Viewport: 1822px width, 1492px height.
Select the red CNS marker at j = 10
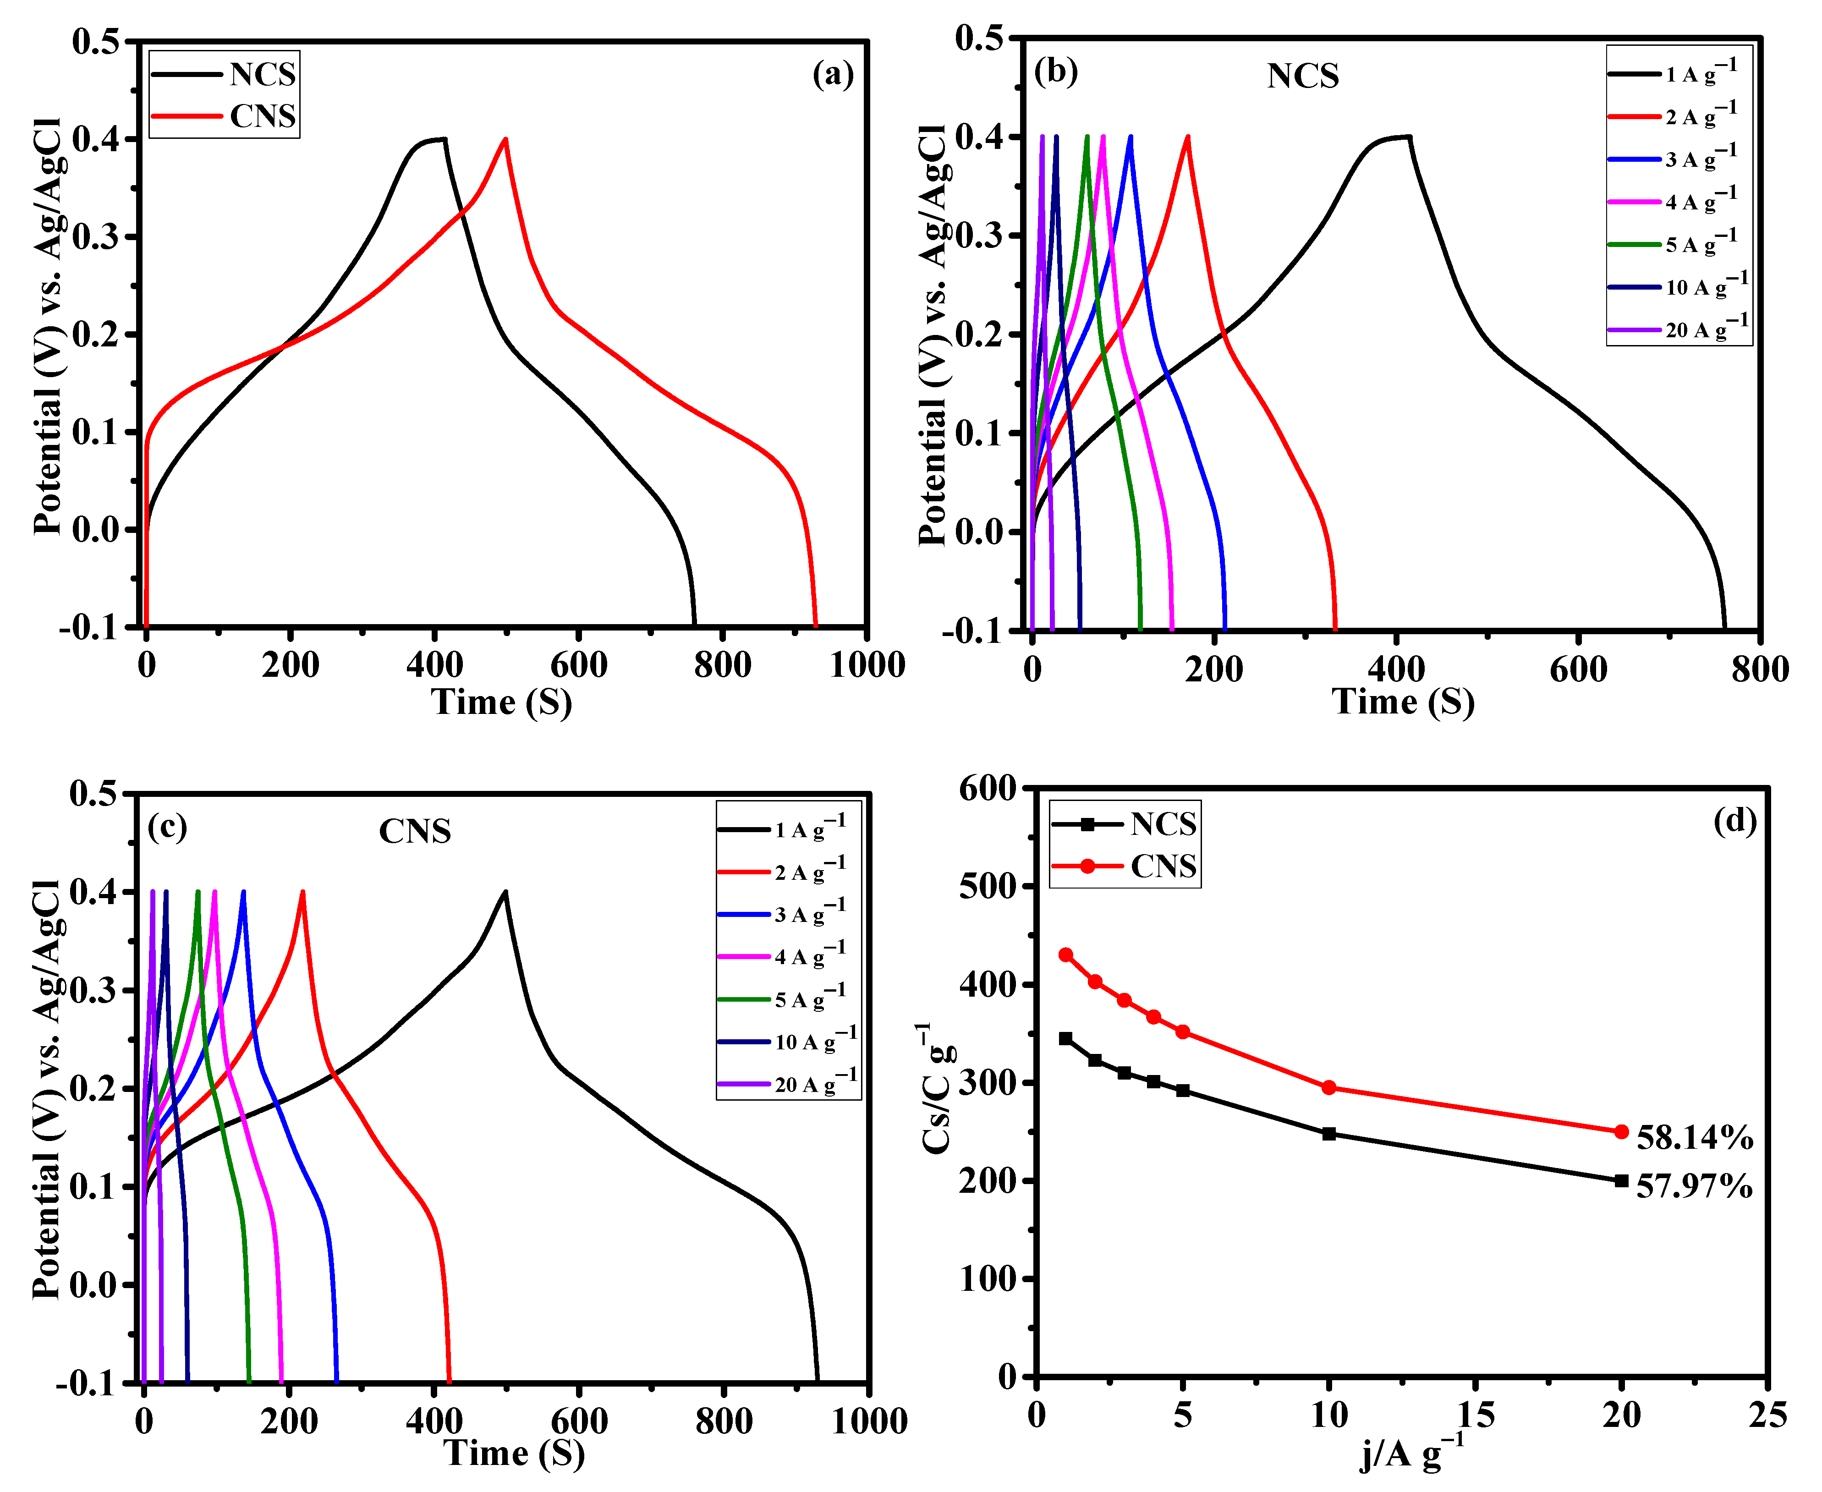(x=1328, y=1088)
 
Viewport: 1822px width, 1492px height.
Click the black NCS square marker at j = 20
(x=1621, y=1181)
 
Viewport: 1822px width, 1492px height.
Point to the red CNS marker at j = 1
(x=1066, y=955)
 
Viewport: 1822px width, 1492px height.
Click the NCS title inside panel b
(x=1302, y=77)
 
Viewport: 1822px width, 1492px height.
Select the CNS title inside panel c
(x=415, y=831)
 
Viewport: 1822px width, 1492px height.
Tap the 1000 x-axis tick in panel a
(x=866, y=664)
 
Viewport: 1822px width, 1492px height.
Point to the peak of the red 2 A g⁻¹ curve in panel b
(x=1188, y=137)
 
